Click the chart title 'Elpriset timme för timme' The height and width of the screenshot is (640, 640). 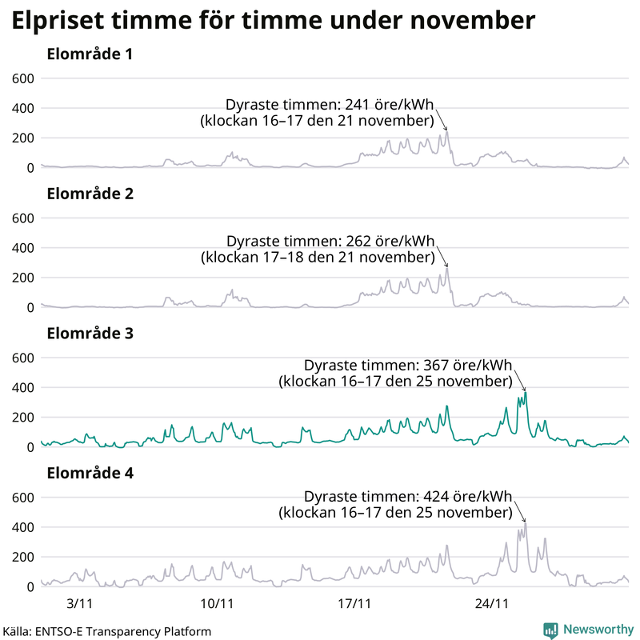(x=272, y=22)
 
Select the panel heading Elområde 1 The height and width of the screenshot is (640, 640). (x=90, y=55)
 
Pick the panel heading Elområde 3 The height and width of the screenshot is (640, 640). (x=90, y=334)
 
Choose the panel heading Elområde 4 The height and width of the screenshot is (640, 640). (x=90, y=473)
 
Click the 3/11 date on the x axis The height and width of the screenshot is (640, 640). (x=81, y=602)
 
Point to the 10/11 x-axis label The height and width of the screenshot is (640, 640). (x=217, y=602)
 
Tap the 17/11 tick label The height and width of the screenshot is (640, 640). (x=354, y=602)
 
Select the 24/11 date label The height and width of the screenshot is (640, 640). (x=491, y=602)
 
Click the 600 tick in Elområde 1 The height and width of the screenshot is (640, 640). (x=22, y=78)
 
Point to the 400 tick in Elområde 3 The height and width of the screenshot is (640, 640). (x=22, y=387)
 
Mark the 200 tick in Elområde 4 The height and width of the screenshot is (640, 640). (x=22, y=557)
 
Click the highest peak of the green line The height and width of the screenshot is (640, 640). (x=526, y=391)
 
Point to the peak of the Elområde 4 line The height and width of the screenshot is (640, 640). (x=526, y=522)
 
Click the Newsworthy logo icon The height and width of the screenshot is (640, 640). (x=551, y=630)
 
